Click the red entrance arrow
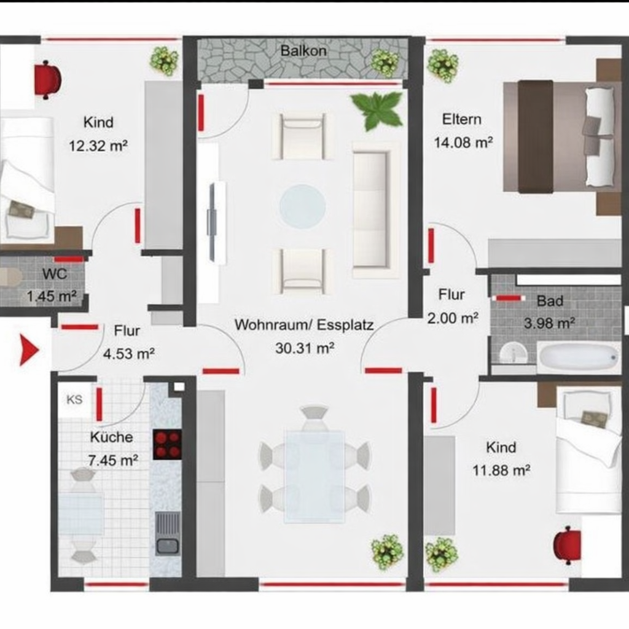[x=29, y=351]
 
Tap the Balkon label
[x=303, y=51]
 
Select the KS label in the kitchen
[x=74, y=399]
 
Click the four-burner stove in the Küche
[x=167, y=445]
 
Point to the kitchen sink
[x=168, y=534]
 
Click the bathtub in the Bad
[x=578, y=357]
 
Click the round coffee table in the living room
[x=302, y=205]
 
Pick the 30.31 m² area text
[x=305, y=348]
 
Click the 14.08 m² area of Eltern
[x=463, y=143]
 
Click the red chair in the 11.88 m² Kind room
[x=567, y=545]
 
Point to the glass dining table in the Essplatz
[x=314, y=477]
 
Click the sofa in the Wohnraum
[x=376, y=209]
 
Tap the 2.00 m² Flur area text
[x=453, y=319]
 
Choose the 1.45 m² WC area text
[x=52, y=297]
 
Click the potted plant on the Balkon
[x=385, y=63]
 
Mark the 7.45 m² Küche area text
[x=113, y=460]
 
